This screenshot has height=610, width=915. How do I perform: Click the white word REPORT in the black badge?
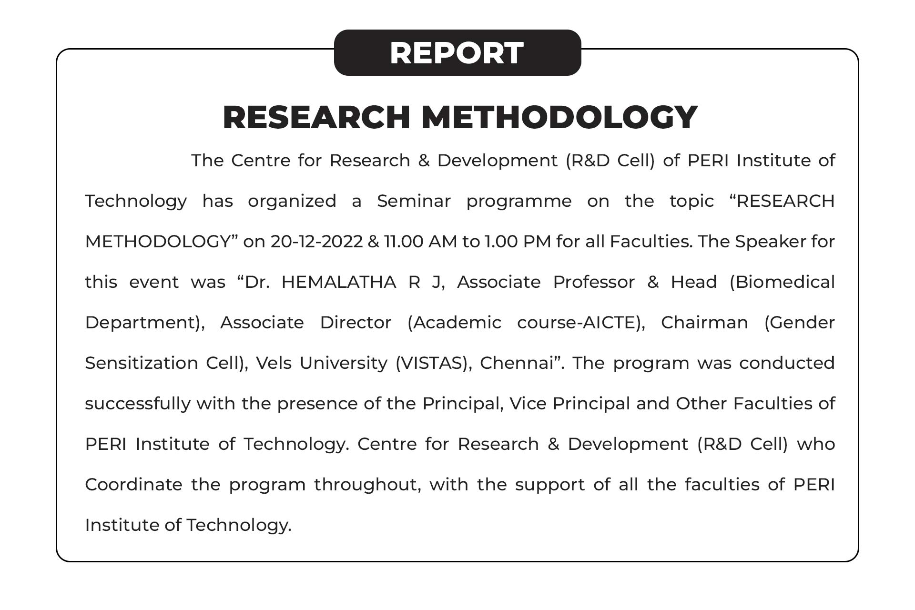click(x=457, y=52)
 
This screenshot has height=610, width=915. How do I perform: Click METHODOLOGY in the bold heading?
click(x=559, y=117)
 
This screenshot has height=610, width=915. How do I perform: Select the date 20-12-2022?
click(x=317, y=242)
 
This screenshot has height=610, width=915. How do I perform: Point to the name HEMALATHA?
click(x=339, y=282)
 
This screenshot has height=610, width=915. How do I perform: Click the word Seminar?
click(x=414, y=201)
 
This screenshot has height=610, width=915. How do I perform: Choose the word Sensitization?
click(x=142, y=363)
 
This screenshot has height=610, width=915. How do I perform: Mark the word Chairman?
click(x=704, y=323)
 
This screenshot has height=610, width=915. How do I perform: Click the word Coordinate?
click(x=133, y=485)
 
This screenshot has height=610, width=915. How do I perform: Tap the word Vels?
click(x=274, y=363)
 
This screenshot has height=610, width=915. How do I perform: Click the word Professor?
click(x=594, y=282)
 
